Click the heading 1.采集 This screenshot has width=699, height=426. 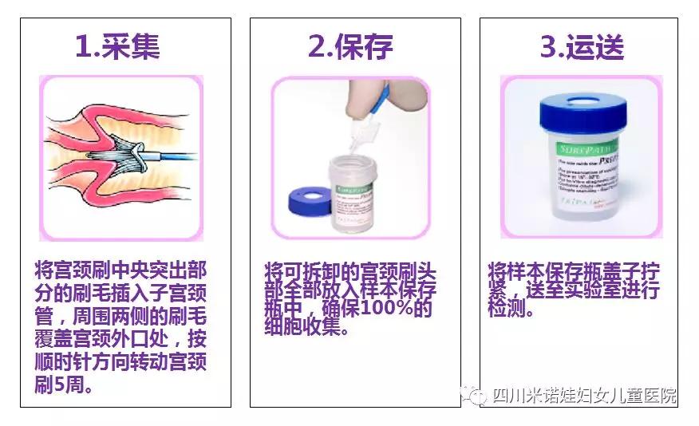117,45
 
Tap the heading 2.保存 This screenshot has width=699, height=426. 350,45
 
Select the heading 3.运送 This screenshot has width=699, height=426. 582,45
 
